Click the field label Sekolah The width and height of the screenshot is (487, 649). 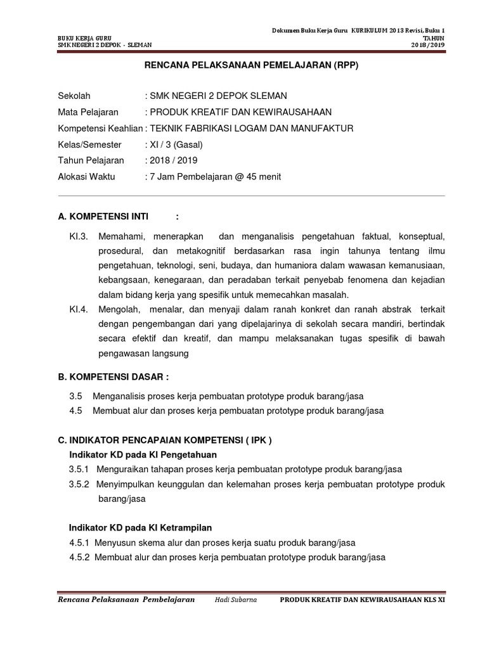(74, 96)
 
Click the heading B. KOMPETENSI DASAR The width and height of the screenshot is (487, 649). (114, 377)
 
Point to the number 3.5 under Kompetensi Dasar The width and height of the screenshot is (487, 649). (76, 396)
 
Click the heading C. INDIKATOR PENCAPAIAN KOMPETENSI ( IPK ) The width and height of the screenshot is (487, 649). (164, 440)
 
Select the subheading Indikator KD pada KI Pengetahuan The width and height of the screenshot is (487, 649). (143, 454)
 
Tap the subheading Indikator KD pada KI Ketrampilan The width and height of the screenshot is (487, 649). (140, 527)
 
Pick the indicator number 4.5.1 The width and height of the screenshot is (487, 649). (80, 543)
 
